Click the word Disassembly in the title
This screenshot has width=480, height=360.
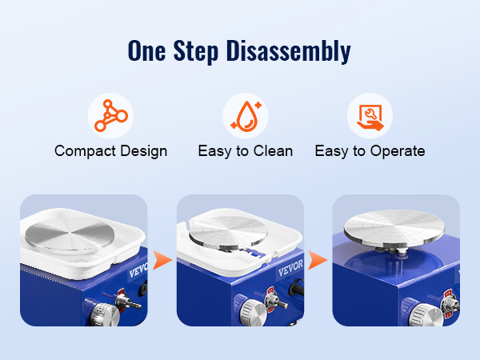288,51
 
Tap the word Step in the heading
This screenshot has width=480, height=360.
196,51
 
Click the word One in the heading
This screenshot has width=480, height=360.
146,50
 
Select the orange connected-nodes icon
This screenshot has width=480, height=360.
111,116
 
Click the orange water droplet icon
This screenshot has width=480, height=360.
246,116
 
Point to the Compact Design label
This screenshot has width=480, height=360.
111,151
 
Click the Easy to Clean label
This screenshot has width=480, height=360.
246,151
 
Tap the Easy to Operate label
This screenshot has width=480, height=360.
370,151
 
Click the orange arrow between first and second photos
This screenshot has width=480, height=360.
162,260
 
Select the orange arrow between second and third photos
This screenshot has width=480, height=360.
317,260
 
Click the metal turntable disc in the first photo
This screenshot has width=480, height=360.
70,234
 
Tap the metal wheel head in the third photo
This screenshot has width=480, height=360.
394,228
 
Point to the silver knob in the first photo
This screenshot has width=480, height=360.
105,314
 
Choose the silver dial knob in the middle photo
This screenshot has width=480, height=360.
252,312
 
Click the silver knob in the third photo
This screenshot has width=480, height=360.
426,315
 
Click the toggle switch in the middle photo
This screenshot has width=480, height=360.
277,302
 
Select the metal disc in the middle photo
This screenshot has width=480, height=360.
228,231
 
